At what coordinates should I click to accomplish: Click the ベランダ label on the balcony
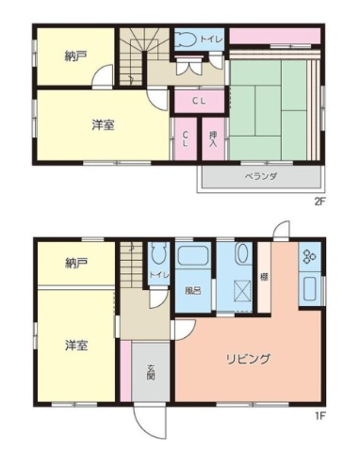[261, 176]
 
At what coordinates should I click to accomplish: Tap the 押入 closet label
[214, 138]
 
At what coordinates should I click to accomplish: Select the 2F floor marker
[319, 202]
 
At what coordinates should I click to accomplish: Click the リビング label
[248, 359]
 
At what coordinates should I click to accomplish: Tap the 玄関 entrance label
[151, 372]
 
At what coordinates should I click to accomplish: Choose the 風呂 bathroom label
[192, 291]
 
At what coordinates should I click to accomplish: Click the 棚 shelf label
[264, 277]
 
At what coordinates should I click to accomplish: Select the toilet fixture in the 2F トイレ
[187, 40]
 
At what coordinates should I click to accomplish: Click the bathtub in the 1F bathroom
[193, 256]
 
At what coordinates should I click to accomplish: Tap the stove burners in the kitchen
[309, 256]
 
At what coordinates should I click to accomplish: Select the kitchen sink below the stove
[309, 289]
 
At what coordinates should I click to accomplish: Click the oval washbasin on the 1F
[241, 253]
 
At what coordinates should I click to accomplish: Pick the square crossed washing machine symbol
[242, 290]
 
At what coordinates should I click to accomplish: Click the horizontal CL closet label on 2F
[199, 101]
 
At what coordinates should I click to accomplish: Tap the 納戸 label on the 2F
[75, 56]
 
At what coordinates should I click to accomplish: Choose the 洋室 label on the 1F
[76, 346]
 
